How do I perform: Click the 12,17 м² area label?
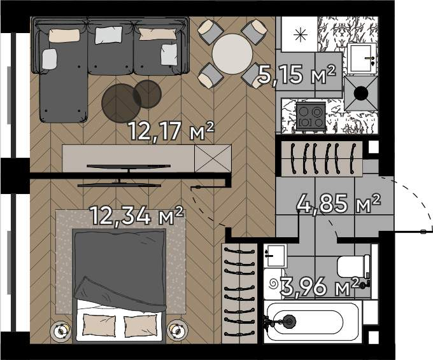pyautogui.click(x=171, y=131)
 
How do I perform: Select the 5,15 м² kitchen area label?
pyautogui.click(x=297, y=74)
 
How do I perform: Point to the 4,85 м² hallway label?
pyautogui.click(x=339, y=203)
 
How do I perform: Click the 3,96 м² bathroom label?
pyautogui.click(x=320, y=287)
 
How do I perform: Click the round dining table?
pyautogui.click(x=232, y=54)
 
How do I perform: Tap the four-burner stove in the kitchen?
pyautogui.click(x=311, y=117)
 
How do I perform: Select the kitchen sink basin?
pyautogui.click(x=362, y=59)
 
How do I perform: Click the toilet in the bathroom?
pyautogui.click(x=354, y=267)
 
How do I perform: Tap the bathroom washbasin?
pyautogui.click(x=275, y=256)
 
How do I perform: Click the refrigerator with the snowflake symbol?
pyautogui.click(x=300, y=34)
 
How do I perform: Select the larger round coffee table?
pyautogui.click(x=121, y=103)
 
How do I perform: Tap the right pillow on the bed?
pyautogui.click(x=140, y=326)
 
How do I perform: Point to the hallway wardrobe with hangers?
pyautogui.click(x=322, y=158)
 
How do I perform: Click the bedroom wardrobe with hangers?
pyautogui.click(x=239, y=293)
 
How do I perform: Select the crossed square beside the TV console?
pyautogui.click(x=213, y=158)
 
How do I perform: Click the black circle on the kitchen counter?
pyautogui.click(x=361, y=93)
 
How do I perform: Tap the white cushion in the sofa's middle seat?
pyautogui.click(x=108, y=35)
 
